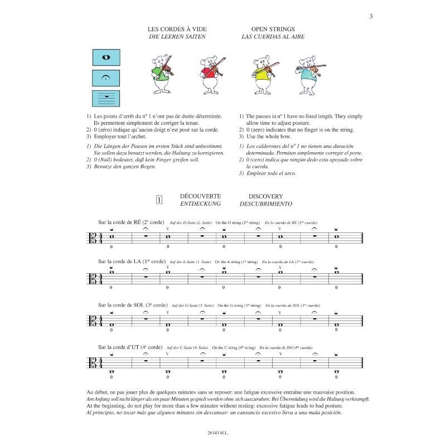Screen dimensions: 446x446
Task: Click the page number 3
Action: click(x=370, y=16)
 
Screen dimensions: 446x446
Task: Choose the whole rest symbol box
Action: click(x=106, y=97)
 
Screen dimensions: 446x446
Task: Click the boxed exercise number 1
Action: click(x=159, y=200)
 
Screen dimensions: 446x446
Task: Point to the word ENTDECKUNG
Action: click(x=200, y=205)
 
